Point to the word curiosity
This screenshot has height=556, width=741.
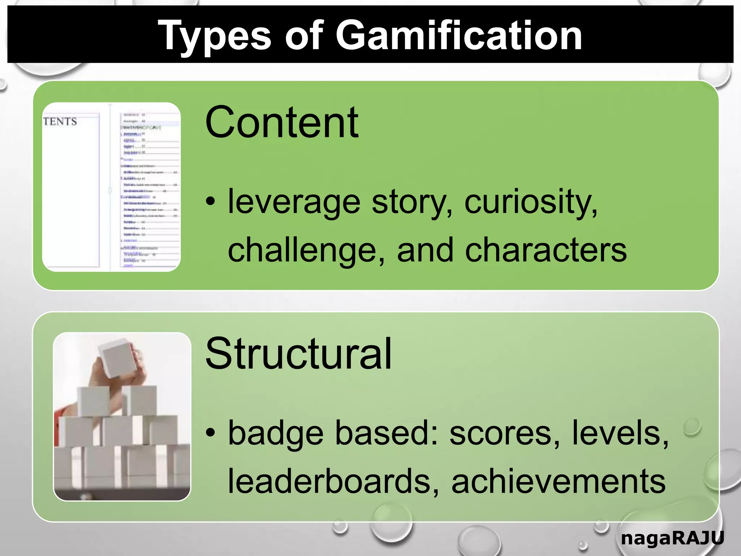click(530, 201)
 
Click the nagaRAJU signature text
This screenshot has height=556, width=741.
click(672, 538)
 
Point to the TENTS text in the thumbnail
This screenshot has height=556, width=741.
click(60, 121)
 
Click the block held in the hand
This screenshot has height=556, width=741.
click(118, 358)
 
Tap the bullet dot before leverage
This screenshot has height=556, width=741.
click(211, 201)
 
